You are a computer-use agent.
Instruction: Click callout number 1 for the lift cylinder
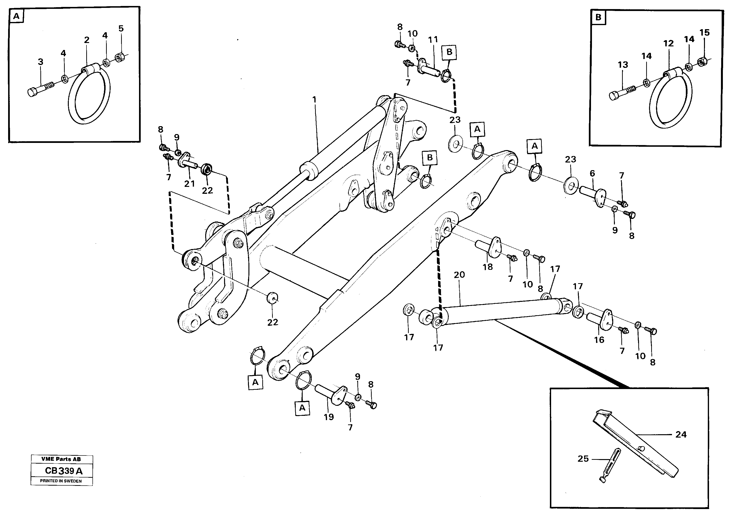[x=314, y=100]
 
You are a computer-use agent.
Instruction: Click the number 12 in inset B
[x=668, y=43]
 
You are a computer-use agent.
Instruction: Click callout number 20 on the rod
[x=459, y=275]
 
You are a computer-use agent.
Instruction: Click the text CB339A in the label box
[x=64, y=471]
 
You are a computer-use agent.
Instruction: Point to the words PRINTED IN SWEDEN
[x=61, y=481]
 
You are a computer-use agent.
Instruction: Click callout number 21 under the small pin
[x=189, y=184]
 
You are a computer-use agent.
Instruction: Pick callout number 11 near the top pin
[x=433, y=40]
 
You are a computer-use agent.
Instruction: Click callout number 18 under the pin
[x=488, y=266]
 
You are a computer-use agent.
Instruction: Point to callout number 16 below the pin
[x=599, y=340]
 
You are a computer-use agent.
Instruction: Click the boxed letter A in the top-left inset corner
[x=16, y=16]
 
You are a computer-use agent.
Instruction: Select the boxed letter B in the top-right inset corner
[x=598, y=17]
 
